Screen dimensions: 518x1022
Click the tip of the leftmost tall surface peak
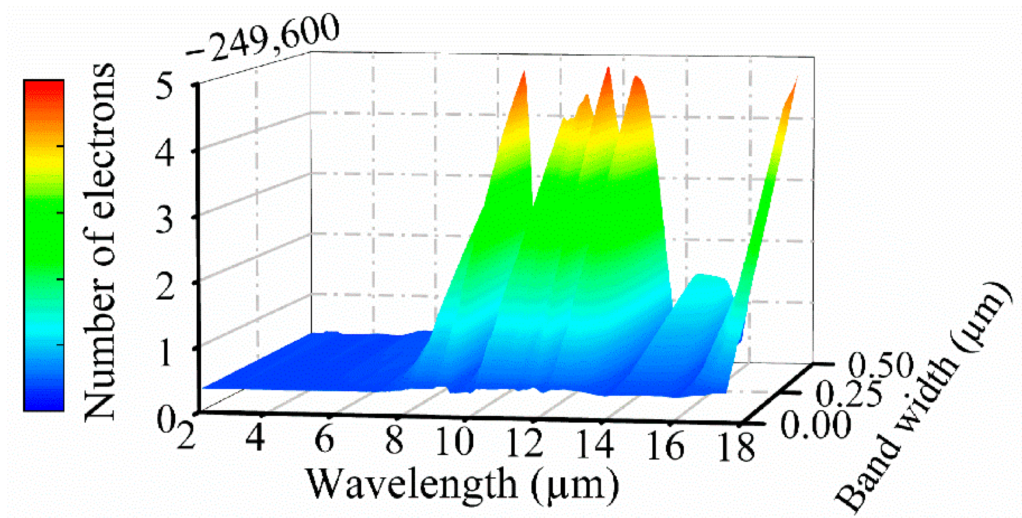coord(524,73)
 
